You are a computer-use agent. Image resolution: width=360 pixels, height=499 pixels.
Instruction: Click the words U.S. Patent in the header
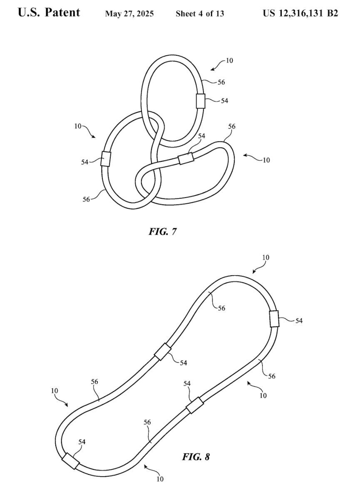pyautogui.click(x=49, y=12)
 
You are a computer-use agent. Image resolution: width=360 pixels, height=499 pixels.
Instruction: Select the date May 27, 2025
pyautogui.click(x=129, y=14)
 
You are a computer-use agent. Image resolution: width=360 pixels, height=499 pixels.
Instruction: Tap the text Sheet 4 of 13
pyautogui.click(x=200, y=14)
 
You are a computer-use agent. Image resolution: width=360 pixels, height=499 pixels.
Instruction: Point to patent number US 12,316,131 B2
pyautogui.click(x=300, y=13)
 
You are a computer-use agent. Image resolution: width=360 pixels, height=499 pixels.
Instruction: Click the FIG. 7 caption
pyautogui.click(x=162, y=231)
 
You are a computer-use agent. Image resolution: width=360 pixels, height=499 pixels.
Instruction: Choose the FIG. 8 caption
pyautogui.click(x=196, y=457)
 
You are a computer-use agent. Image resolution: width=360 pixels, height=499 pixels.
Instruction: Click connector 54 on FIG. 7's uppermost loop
pyautogui.click(x=201, y=101)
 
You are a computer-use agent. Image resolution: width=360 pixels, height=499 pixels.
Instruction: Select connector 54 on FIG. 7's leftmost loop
pyautogui.click(x=106, y=158)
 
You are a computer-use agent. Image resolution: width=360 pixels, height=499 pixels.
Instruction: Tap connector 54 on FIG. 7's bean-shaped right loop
pyautogui.click(x=186, y=158)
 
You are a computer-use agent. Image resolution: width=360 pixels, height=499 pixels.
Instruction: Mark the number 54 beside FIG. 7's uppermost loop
pyautogui.click(x=224, y=101)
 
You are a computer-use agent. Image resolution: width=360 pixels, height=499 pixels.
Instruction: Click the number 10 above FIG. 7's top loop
pyautogui.click(x=229, y=61)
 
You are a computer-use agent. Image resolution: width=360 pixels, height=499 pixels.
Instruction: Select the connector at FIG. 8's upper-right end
pyautogui.click(x=274, y=319)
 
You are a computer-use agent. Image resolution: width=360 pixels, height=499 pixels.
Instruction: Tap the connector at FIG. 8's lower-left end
pyautogui.click(x=71, y=461)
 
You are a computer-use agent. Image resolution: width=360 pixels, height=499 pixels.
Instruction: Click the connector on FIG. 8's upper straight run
pyautogui.click(x=162, y=352)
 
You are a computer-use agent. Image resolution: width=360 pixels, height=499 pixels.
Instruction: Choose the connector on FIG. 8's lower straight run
pyautogui.click(x=194, y=405)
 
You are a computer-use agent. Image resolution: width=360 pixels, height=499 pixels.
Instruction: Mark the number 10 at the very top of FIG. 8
pyautogui.click(x=266, y=257)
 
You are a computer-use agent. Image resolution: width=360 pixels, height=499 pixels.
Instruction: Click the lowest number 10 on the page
pyautogui.click(x=160, y=479)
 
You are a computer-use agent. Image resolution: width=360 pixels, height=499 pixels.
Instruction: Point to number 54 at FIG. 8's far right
pyautogui.click(x=299, y=321)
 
